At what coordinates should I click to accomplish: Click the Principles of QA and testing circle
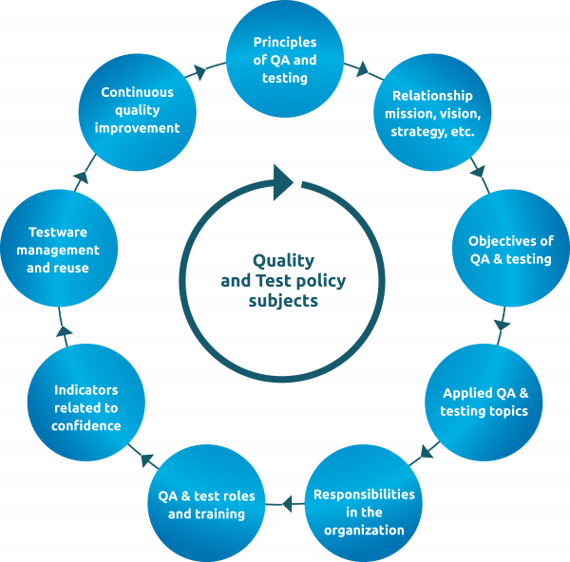tap(285, 60)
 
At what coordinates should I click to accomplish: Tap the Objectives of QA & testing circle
tap(510, 249)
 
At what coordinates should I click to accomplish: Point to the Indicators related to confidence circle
tap(87, 407)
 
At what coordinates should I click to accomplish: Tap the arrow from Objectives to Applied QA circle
tap(501, 326)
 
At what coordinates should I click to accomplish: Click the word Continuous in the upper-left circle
tap(138, 92)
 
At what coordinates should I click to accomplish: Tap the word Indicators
tap(86, 390)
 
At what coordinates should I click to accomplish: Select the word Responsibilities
tap(364, 495)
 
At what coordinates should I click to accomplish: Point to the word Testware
tap(58, 232)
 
